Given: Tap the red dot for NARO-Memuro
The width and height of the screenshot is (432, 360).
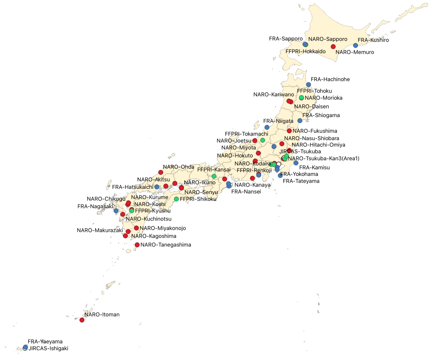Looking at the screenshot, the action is pyautogui.click(x=333, y=47).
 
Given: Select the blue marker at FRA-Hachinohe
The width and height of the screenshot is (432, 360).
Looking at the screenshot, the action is pyautogui.click(x=309, y=85).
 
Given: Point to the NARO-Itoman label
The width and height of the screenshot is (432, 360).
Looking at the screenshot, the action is pyautogui.click(x=102, y=315).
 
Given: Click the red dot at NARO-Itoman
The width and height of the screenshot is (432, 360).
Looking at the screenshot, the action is pyautogui.click(x=82, y=320).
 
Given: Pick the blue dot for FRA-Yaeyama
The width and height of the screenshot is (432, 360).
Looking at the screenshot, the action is pyautogui.click(x=25, y=347).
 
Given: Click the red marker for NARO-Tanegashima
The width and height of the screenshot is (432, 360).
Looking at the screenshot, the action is pyautogui.click(x=137, y=245).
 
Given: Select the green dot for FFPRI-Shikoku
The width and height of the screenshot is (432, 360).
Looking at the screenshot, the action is pyautogui.click(x=176, y=199).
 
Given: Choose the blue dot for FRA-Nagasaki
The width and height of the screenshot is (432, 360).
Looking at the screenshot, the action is pyautogui.click(x=116, y=211).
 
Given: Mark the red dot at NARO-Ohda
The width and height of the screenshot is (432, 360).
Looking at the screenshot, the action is pyautogui.click(x=160, y=172).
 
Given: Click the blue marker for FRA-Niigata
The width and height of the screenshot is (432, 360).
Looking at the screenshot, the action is pyautogui.click(x=267, y=127).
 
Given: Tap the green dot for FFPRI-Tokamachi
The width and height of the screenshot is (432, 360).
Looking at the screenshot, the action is pyautogui.click(x=263, y=140).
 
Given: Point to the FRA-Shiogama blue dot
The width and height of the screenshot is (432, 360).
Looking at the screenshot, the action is pyautogui.click(x=300, y=121).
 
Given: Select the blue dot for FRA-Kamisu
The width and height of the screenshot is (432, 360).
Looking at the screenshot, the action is pyautogui.click(x=296, y=163).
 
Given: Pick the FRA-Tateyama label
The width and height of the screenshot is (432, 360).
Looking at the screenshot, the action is pyautogui.click(x=301, y=181).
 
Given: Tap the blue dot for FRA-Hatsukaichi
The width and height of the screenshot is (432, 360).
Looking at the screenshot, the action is pyautogui.click(x=157, y=187).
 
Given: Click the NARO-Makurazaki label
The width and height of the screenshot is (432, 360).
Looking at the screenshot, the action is pyautogui.click(x=100, y=230).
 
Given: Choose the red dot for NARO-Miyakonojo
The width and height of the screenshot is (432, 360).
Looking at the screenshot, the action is pyautogui.click(x=136, y=228).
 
